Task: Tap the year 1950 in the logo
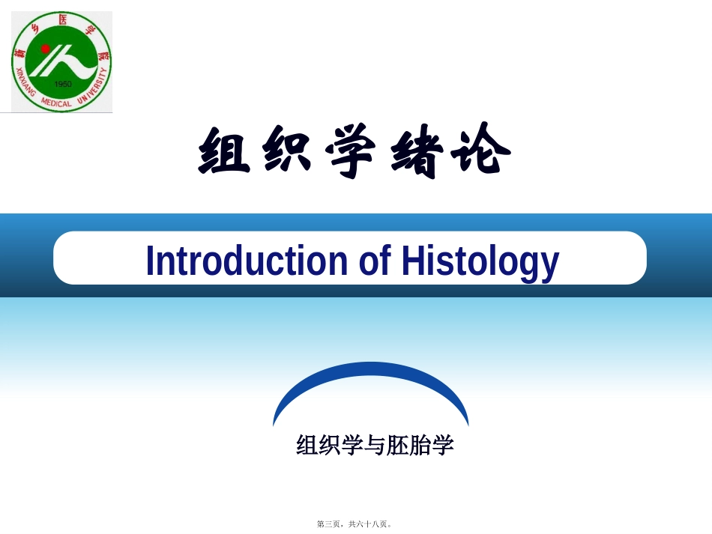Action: point(63,84)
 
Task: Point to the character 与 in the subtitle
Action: point(375,446)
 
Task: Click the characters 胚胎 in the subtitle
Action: point(415,446)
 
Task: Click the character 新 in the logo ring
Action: point(19,53)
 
